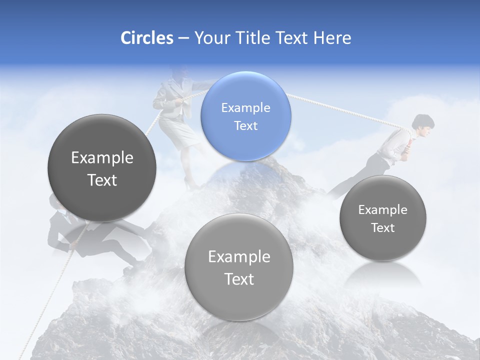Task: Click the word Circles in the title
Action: tap(146, 38)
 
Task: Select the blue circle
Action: tap(245, 116)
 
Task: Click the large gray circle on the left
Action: tap(102, 168)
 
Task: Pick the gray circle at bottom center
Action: tap(239, 267)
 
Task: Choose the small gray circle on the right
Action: tap(383, 218)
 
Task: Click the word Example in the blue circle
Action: tap(245, 107)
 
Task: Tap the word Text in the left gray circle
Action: tap(102, 180)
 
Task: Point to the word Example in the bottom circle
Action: tap(239, 257)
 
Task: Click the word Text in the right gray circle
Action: tap(383, 228)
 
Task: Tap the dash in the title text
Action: tap(183, 38)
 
